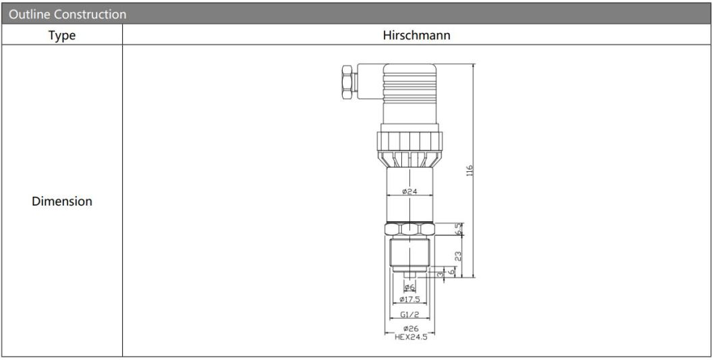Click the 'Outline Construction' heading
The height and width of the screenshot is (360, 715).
pyautogui.click(x=67, y=14)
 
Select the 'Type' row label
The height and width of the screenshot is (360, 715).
pyautogui.click(x=62, y=35)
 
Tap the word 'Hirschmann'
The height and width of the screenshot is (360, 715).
pyautogui.click(x=416, y=35)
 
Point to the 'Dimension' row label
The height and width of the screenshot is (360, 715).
pyautogui.click(x=62, y=201)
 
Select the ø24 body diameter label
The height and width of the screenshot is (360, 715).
pyautogui.click(x=410, y=191)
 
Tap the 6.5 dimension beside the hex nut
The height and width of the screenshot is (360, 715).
pyautogui.click(x=458, y=229)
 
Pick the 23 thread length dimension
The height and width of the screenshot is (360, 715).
pyautogui.click(x=458, y=256)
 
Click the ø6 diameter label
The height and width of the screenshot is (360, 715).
pyautogui.click(x=409, y=287)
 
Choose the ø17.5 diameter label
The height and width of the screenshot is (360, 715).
pyautogui.click(x=409, y=299)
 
